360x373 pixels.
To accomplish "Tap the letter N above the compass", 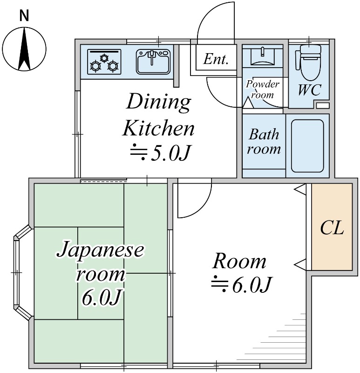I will click(x=24, y=16).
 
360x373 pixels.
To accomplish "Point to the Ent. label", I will click(x=216, y=60).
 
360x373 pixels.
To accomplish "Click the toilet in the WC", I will click(x=308, y=63).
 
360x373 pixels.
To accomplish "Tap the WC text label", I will click(x=309, y=90).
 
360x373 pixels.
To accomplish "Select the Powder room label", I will click(x=263, y=89).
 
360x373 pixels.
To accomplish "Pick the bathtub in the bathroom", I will click(x=307, y=145).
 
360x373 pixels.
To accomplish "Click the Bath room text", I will click(x=264, y=142).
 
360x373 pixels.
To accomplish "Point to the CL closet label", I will click(x=332, y=228).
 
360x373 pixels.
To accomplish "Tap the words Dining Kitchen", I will click(x=158, y=115).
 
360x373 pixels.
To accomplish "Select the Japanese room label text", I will click(x=100, y=262).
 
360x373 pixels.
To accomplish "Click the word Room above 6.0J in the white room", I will click(x=239, y=261).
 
